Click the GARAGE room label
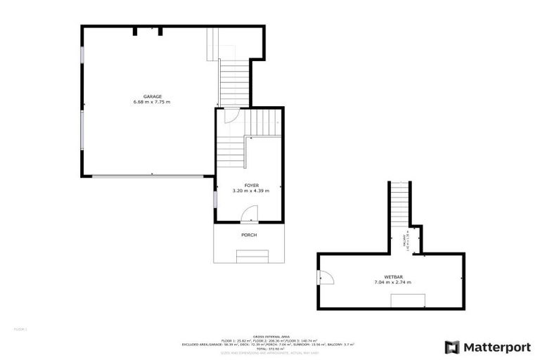point(153,96)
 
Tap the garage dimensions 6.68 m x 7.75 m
point(152,102)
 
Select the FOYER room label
point(251,184)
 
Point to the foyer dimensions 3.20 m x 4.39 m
point(251,191)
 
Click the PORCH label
point(249,235)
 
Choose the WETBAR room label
point(392,276)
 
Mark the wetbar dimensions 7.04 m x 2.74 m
point(392,283)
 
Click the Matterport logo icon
point(452,347)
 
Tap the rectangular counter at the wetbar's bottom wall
point(407,301)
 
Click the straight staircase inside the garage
point(234,82)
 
